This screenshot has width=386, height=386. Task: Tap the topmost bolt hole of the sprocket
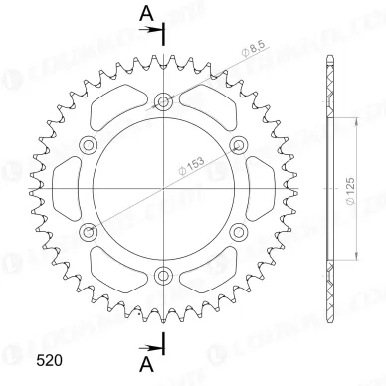pos(164,101)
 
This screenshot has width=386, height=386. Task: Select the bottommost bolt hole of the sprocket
pos(164,275)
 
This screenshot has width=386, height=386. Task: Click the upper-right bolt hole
pos(239,145)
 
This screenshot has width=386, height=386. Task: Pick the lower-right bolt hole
pos(239,231)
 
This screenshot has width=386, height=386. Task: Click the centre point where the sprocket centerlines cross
pos(164,188)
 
